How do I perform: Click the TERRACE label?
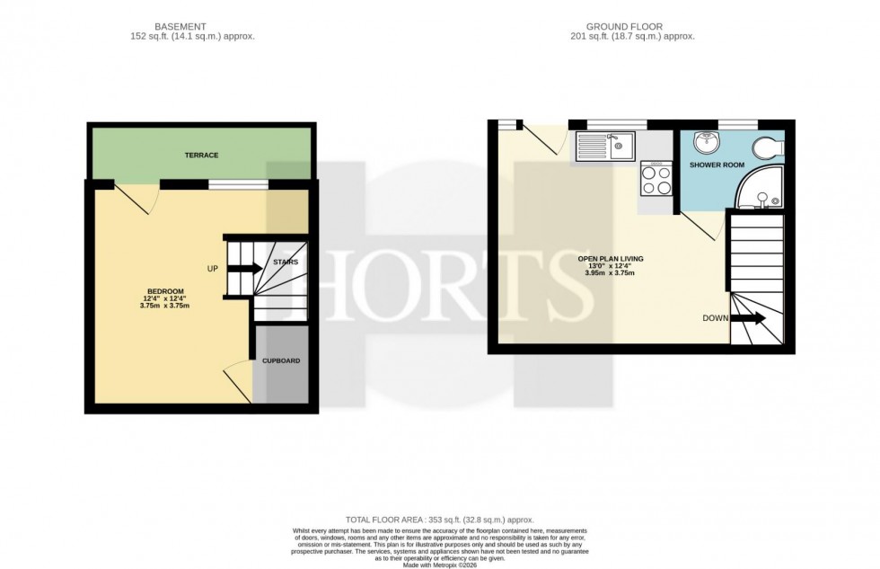coord(201,156)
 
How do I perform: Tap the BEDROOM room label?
coord(166,290)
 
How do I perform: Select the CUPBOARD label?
coord(281,360)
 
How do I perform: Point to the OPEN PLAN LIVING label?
coord(611,258)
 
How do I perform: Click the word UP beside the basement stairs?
coord(212,268)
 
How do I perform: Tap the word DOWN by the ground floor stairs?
coord(716,318)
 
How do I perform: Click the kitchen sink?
coord(607,144)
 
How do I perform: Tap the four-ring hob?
coord(654,180)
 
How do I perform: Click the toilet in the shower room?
coord(770,147)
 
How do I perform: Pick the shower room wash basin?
coord(705,142)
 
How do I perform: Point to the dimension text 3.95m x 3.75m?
coord(611,273)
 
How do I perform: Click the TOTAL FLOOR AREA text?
coord(440,520)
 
